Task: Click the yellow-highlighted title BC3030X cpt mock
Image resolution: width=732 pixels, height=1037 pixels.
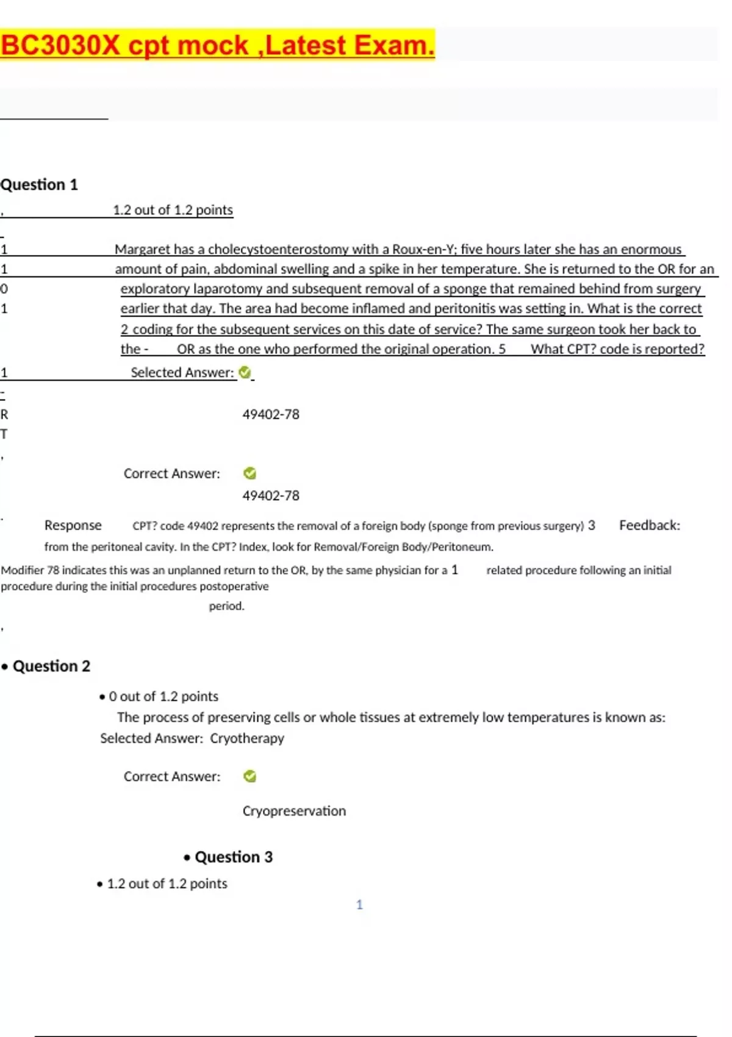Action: pyautogui.click(x=217, y=46)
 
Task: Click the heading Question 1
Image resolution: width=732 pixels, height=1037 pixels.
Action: pyautogui.click(x=39, y=185)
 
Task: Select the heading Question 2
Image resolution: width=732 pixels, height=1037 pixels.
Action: pyautogui.click(x=51, y=666)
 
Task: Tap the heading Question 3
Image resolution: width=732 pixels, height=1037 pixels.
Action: pyautogui.click(x=233, y=857)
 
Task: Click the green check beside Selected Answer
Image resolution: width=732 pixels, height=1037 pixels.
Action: pyautogui.click(x=245, y=372)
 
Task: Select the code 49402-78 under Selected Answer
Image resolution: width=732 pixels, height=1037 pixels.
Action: pyautogui.click(x=271, y=415)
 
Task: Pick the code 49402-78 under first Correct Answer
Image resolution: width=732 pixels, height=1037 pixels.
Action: pyautogui.click(x=271, y=496)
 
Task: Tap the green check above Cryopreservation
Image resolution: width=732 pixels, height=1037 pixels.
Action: pyautogui.click(x=249, y=777)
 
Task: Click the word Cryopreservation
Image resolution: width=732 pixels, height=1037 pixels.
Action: pyautogui.click(x=294, y=811)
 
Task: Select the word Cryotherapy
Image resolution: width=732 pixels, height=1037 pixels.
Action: pyautogui.click(x=247, y=739)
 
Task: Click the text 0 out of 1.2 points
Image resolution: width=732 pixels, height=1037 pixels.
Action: pyautogui.click(x=163, y=697)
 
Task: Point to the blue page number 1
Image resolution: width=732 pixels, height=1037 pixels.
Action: pyautogui.click(x=359, y=905)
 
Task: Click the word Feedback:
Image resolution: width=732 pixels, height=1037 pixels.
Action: pyautogui.click(x=649, y=526)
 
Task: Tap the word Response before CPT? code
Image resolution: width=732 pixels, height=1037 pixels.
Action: pyautogui.click(x=73, y=526)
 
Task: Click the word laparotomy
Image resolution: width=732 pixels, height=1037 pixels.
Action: pyautogui.click(x=228, y=289)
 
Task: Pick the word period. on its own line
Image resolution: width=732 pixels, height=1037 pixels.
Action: pyautogui.click(x=226, y=606)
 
